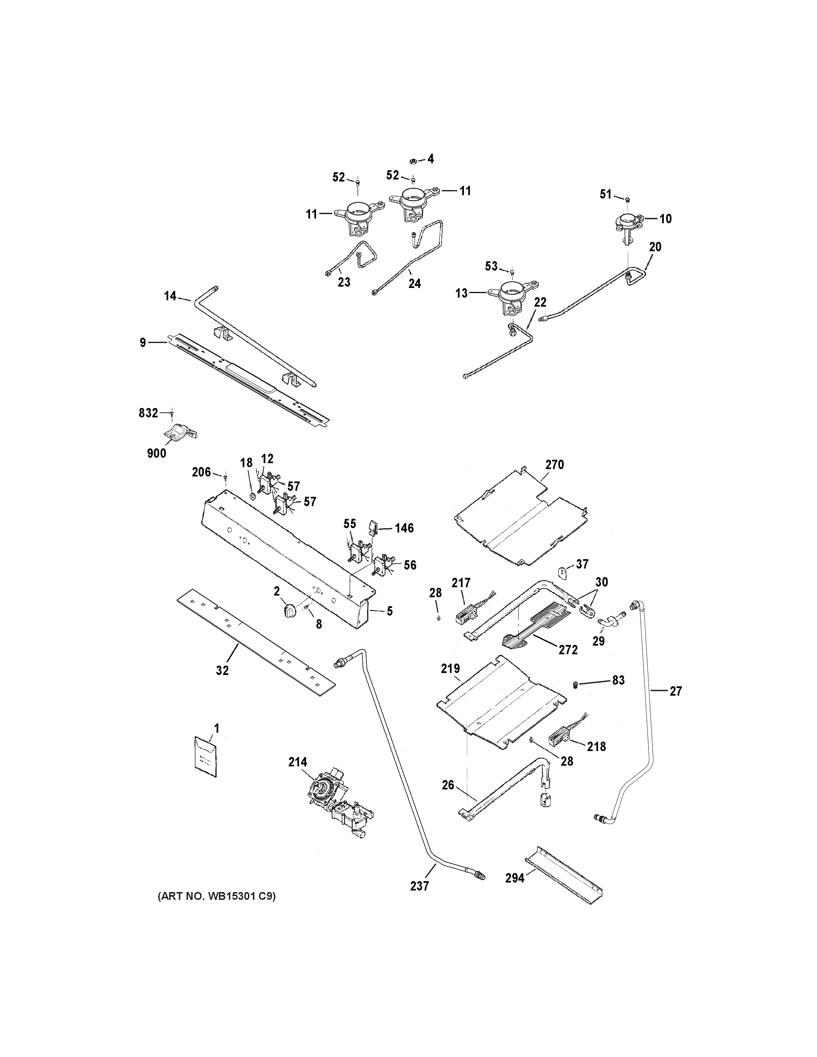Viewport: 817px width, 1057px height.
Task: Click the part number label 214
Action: pyautogui.click(x=298, y=762)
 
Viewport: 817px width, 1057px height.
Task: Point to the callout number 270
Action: pyautogui.click(x=555, y=465)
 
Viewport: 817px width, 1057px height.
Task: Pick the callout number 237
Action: pyautogui.click(x=419, y=886)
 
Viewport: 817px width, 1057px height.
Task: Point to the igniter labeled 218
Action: pyautogui.click(x=558, y=740)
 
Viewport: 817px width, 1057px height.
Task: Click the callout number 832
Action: pyautogui.click(x=148, y=413)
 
